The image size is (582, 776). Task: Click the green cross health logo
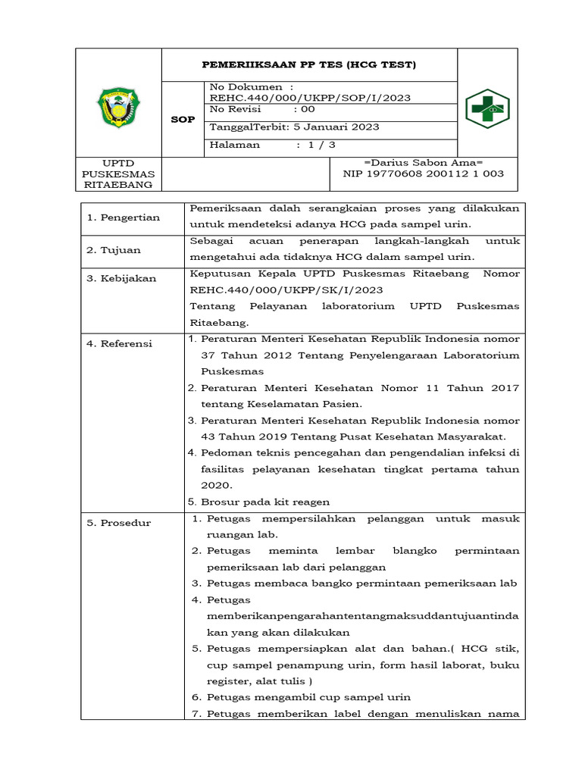point(487,109)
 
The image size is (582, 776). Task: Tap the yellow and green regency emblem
point(119,108)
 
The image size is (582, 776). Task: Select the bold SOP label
point(183,120)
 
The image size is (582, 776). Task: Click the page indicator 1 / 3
point(322,145)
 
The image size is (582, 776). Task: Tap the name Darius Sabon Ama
point(424,163)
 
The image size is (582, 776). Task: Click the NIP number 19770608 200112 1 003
point(424,174)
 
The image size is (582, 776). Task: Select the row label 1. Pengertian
point(123,218)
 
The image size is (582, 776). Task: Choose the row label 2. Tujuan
point(114,250)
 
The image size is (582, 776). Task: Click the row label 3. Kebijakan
point(121,279)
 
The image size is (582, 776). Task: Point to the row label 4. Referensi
point(120,344)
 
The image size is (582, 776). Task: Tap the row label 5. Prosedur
point(119,524)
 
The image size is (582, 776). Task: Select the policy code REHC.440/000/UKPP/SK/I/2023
point(286,289)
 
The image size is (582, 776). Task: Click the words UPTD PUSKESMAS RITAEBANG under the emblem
point(119,174)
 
